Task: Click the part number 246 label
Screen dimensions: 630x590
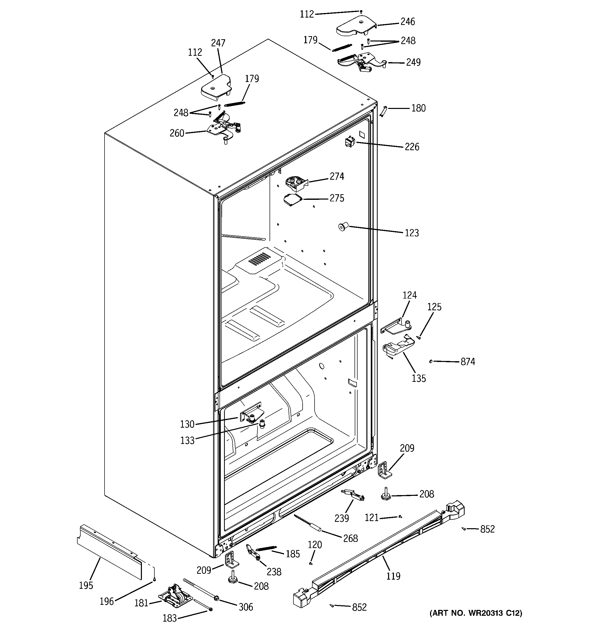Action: [x=408, y=22]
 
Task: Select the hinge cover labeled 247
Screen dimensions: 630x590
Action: [x=216, y=86]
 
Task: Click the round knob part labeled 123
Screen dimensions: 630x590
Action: [x=343, y=227]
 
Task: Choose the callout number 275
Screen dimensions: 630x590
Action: [x=337, y=198]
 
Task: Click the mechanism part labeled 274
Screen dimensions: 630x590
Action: [x=297, y=184]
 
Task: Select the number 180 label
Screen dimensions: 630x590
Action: [x=418, y=108]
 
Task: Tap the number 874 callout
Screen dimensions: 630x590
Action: [x=468, y=362]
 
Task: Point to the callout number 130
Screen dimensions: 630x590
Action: [x=187, y=424]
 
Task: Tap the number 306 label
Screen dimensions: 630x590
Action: [x=246, y=607]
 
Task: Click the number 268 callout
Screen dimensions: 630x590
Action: [x=351, y=538]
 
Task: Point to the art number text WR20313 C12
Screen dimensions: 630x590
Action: [x=476, y=622]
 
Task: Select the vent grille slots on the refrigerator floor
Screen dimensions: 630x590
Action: [x=259, y=259]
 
